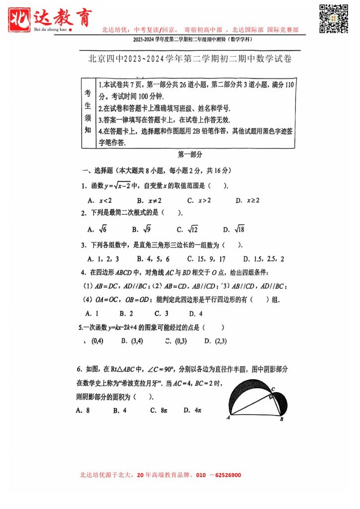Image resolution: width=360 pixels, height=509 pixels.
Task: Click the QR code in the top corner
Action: point(333,18)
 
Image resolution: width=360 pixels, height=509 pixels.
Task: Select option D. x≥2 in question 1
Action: point(248,201)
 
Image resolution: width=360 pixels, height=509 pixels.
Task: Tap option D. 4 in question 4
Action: point(195,314)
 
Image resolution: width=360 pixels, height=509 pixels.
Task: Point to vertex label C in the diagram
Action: point(273,389)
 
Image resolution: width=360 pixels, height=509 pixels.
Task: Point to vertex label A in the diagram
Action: point(228,418)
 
